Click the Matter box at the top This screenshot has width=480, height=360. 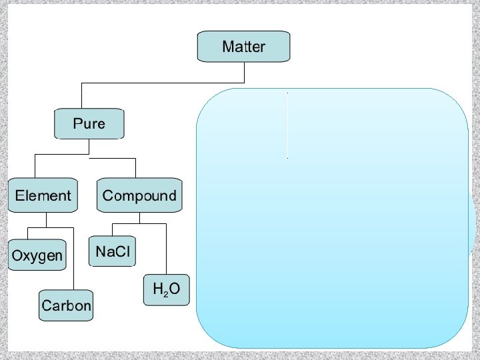pyautogui.click(x=244, y=47)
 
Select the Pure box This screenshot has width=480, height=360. pyautogui.click(x=89, y=124)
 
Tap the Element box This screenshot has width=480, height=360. pyautogui.click(x=43, y=196)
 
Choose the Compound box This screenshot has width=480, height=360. pyautogui.click(x=139, y=196)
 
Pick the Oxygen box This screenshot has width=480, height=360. pyautogui.click(x=37, y=255)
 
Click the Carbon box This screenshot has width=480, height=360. pyautogui.click(x=66, y=305)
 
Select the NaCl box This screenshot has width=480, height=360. pyautogui.click(x=114, y=252)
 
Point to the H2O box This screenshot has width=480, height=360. pyautogui.click(x=167, y=290)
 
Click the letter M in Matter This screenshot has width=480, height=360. pyautogui.click(x=229, y=47)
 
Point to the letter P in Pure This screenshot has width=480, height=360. pyautogui.click(x=77, y=124)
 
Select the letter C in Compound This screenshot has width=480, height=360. pyautogui.click(x=108, y=196)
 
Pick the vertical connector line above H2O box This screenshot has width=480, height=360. pyautogui.click(x=165, y=249)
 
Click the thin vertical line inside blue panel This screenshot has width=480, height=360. pyautogui.click(x=287, y=125)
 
